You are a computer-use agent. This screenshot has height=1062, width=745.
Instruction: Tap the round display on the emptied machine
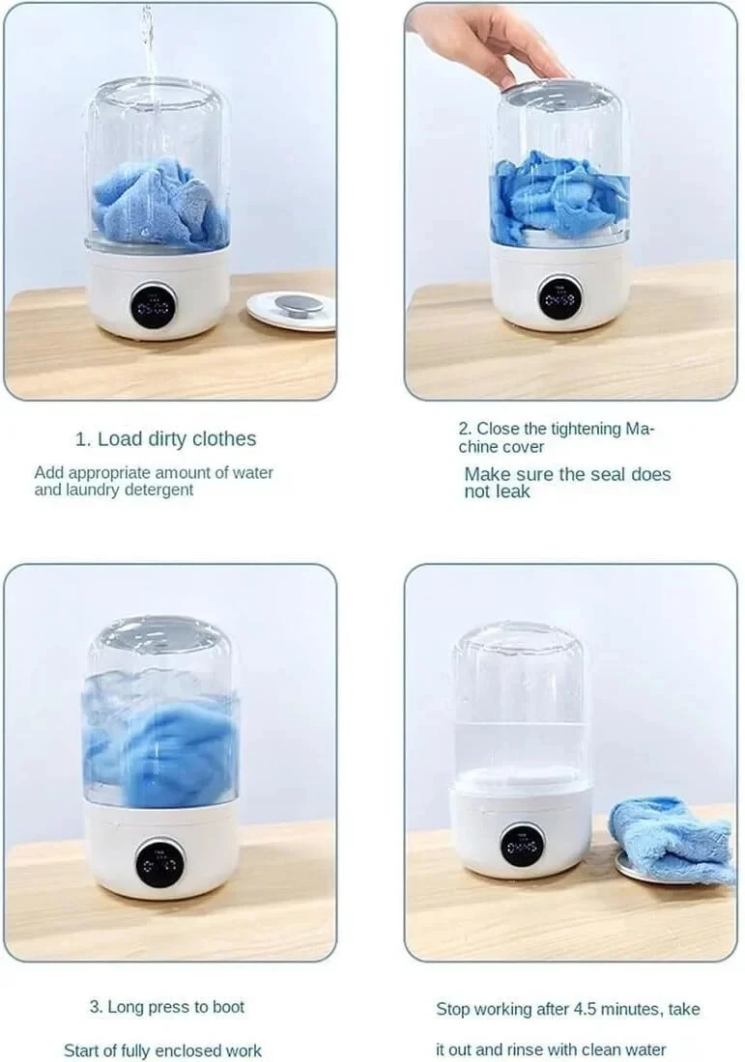[x=522, y=845]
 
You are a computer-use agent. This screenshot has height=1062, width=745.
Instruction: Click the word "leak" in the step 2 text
[x=512, y=491]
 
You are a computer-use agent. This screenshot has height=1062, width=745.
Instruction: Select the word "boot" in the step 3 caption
[x=226, y=1007]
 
